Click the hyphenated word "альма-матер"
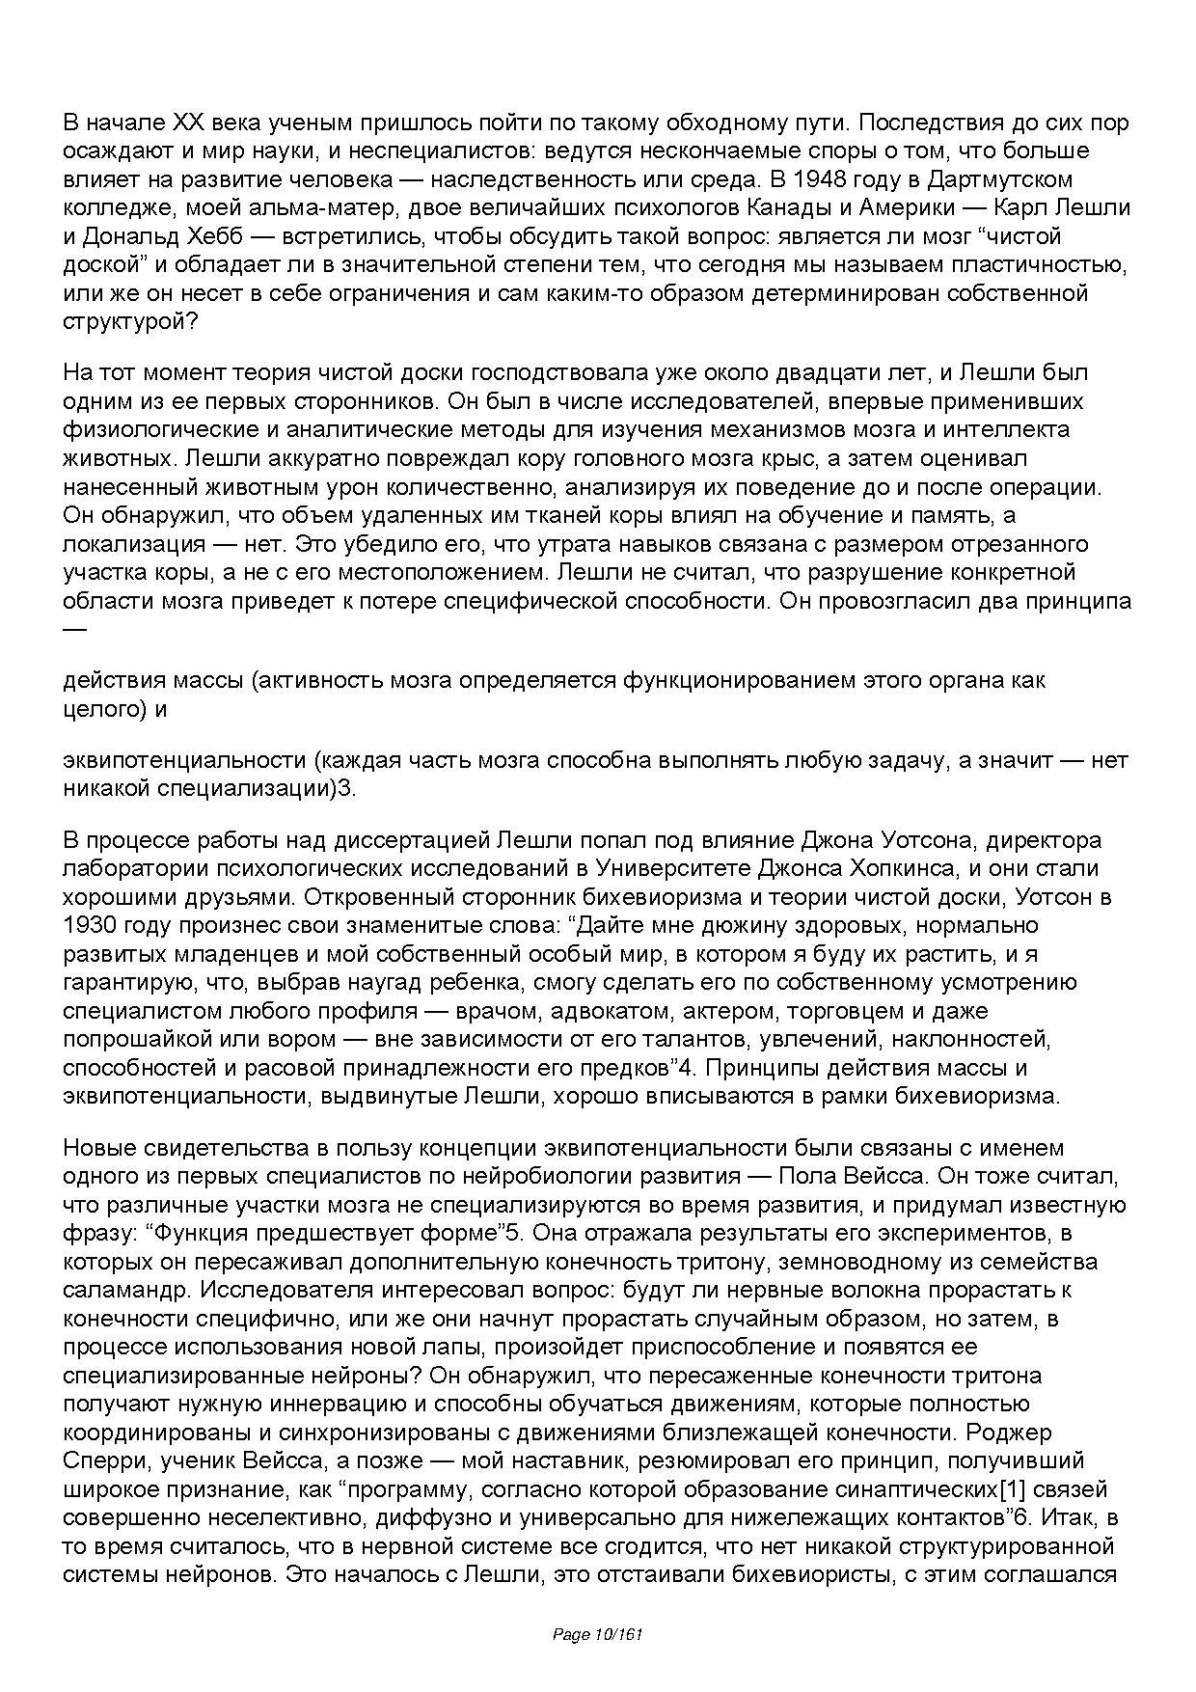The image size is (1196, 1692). point(301,208)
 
